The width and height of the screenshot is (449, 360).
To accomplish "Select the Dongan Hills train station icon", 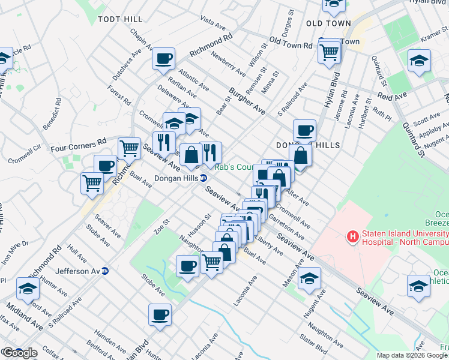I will (203, 178).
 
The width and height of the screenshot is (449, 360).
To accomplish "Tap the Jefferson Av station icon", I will (104, 271).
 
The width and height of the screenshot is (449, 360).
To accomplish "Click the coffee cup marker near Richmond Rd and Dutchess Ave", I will (163, 59).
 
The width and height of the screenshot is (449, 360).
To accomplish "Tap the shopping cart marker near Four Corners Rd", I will (129, 148).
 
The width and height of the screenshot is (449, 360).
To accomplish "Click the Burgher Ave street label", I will (247, 101).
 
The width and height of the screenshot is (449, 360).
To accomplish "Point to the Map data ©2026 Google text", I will (411, 355).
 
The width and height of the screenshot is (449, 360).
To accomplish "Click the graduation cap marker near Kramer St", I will (419, 61).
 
